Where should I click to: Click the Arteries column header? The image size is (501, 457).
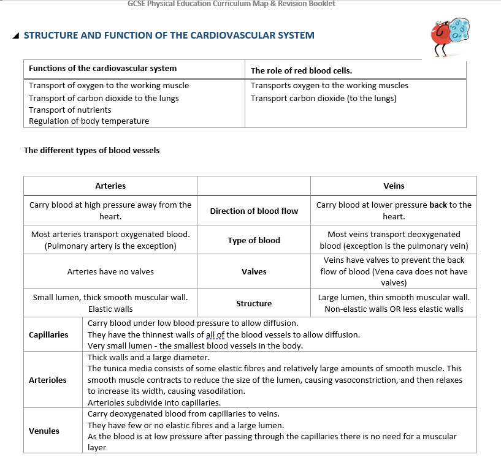(110, 186)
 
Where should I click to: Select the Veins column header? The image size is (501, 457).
(394, 186)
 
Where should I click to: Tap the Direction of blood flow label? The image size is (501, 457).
(254, 211)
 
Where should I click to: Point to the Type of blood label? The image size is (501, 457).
(254, 240)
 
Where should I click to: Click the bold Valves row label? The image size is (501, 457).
(254, 271)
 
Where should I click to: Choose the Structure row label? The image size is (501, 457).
(254, 303)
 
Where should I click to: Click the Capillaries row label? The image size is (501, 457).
(48, 334)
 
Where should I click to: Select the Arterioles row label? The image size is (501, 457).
(48, 380)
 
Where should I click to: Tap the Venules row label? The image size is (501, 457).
(44, 431)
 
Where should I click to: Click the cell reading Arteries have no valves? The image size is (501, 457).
(110, 271)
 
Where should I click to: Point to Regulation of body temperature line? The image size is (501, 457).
(89, 121)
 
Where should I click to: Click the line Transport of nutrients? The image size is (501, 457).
(70, 110)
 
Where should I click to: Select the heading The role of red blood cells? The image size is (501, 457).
(301, 70)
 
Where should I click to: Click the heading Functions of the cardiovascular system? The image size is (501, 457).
(102, 68)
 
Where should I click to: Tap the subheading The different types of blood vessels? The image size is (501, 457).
(91, 150)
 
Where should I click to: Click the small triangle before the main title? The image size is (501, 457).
(15, 36)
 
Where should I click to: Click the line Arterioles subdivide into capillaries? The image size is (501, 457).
(154, 402)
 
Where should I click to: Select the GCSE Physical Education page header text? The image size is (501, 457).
(231, 4)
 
